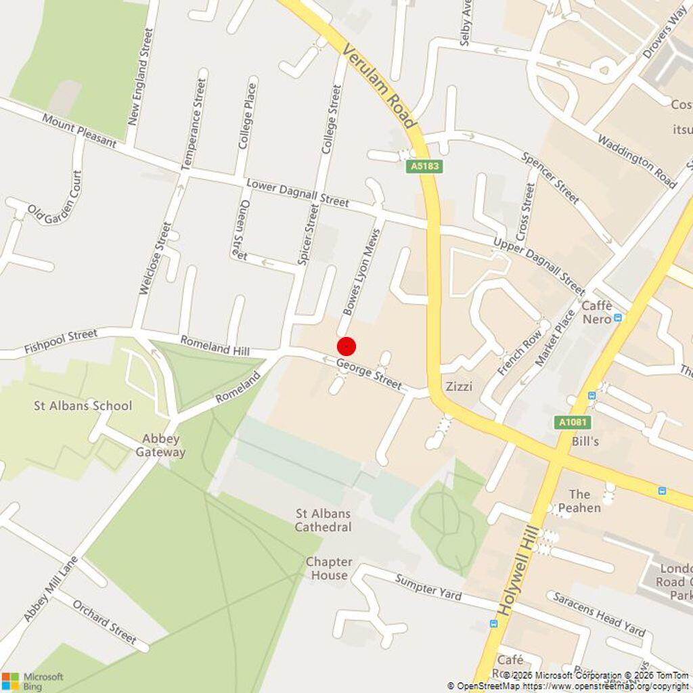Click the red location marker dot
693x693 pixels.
tap(346, 346)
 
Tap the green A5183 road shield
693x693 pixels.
tap(425, 166)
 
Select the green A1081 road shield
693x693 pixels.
tap(573, 422)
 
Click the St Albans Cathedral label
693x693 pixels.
tap(323, 520)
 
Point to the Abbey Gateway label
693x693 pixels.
tap(160, 445)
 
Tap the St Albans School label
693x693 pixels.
tap(83, 405)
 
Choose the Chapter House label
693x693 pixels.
tap(329, 568)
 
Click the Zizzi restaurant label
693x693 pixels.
tap(459, 386)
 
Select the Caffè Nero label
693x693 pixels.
tap(597, 312)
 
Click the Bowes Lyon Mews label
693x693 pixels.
tap(361, 271)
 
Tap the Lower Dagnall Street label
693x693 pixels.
tap(298, 193)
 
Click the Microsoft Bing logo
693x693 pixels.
tap(32, 681)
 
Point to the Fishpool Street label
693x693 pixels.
tap(61, 341)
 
